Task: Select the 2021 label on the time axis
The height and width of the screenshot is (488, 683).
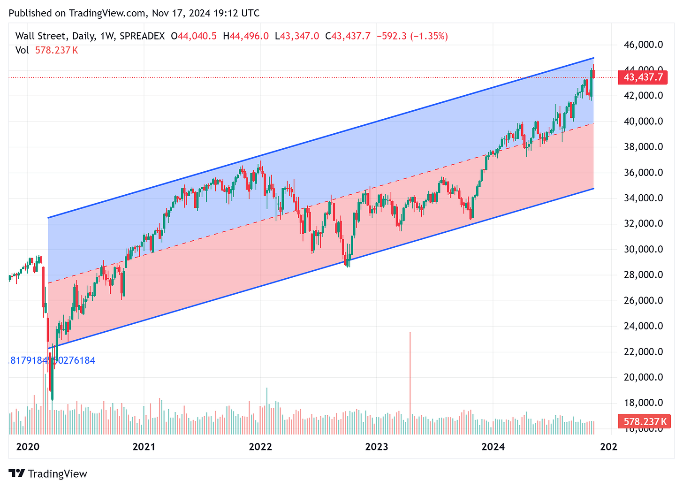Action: pos(144,447)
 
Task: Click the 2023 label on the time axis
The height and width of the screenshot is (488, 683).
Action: pos(376,447)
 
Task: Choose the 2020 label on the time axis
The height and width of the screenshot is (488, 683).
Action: pos(28,447)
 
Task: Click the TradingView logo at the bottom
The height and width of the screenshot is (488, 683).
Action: pos(48,473)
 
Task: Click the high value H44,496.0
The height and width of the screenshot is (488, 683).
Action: pos(246,36)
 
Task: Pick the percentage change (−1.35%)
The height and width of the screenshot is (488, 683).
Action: pos(429,36)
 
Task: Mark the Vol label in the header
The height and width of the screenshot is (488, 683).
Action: pos(22,50)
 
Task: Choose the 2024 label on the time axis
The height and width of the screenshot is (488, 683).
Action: pos(493,447)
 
